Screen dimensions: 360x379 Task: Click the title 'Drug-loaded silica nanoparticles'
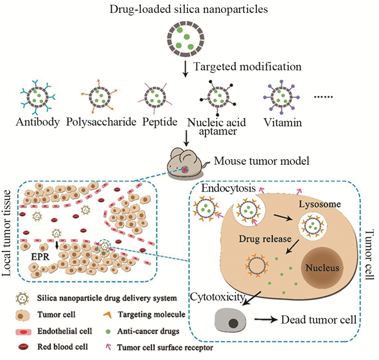coord(190,9)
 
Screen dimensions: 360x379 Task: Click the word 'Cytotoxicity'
coord(217,297)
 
